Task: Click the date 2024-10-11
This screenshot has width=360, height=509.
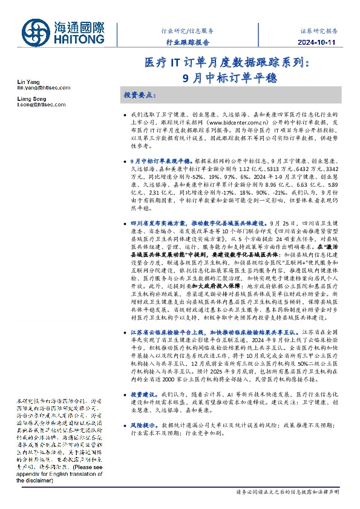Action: coord(318,42)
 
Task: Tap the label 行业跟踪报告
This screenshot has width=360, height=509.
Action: coord(188,42)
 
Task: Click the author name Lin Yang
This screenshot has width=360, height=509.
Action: coord(28,81)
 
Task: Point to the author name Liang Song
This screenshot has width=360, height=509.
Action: coord(31,99)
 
